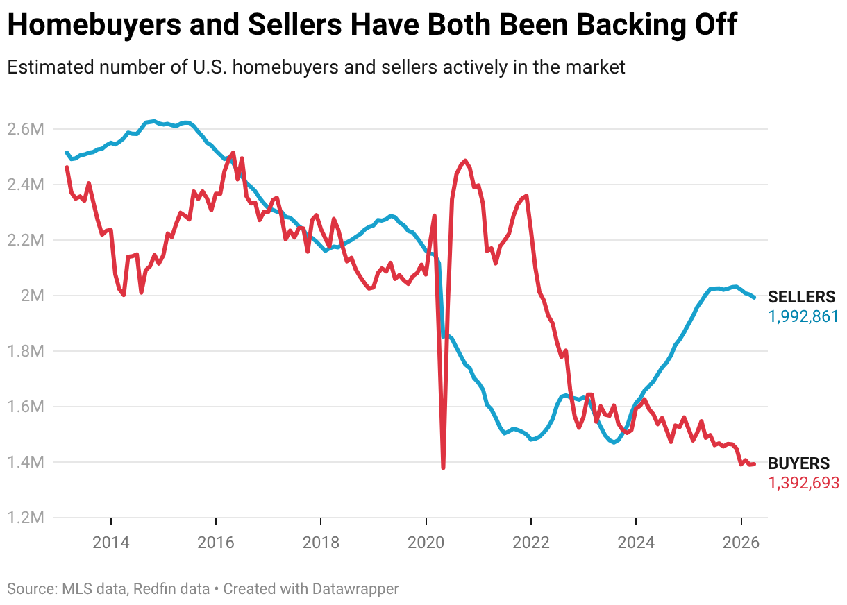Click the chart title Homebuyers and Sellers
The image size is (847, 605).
[x=371, y=26]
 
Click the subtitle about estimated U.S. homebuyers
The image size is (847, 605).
[x=316, y=67]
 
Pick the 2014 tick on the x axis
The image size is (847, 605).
[x=111, y=542]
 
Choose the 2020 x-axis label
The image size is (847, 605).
[x=426, y=542]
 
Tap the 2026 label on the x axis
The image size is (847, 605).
[x=741, y=542]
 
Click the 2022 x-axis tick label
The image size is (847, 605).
[x=530, y=542]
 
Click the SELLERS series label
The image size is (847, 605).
[x=801, y=298]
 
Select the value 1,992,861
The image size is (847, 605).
[x=803, y=317]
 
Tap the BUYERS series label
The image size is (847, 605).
[x=798, y=463]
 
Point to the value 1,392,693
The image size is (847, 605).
[x=803, y=483]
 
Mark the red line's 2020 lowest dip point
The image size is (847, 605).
[x=443, y=467]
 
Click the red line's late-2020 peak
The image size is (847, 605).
[x=464, y=160]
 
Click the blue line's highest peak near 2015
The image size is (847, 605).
[x=154, y=121]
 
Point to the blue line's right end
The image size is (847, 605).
[x=754, y=297]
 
